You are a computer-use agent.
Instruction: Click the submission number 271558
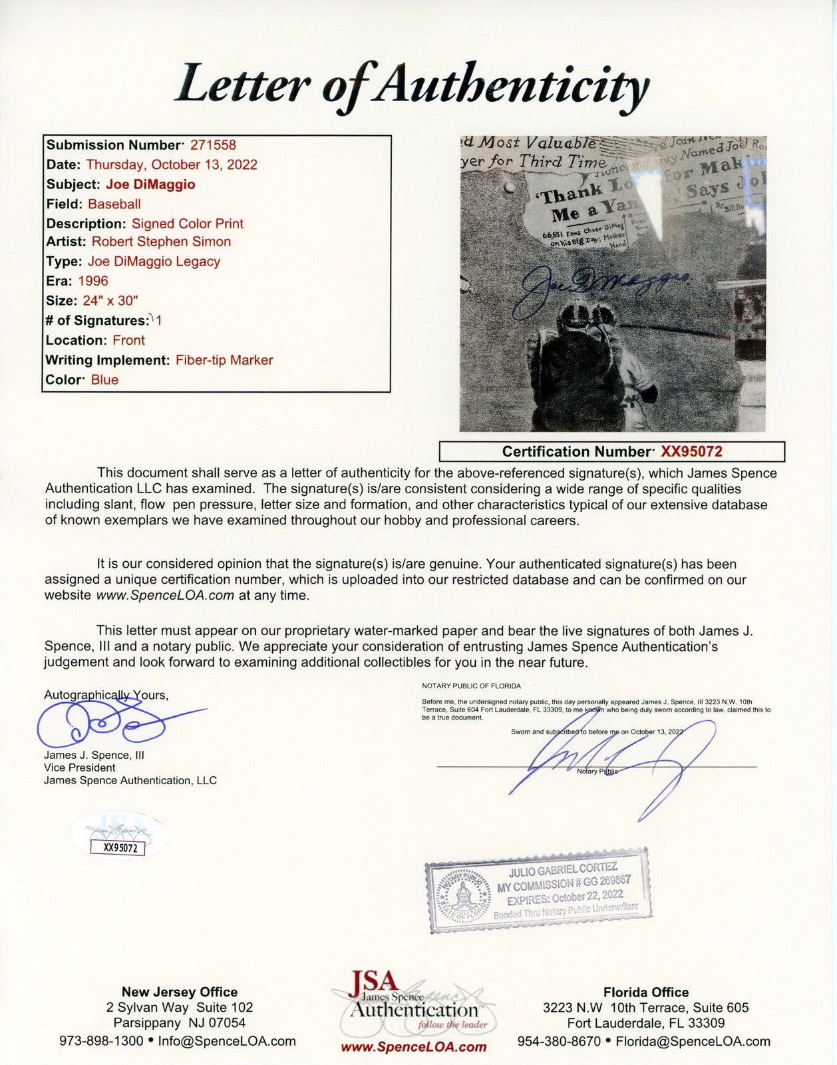(213, 145)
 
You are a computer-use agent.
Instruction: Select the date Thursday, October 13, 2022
(172, 164)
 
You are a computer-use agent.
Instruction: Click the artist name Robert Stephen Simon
(161, 242)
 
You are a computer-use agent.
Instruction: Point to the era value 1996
(92, 281)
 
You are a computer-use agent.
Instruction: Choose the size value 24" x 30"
(110, 300)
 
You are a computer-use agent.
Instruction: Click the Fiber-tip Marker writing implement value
(224, 360)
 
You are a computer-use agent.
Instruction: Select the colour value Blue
(104, 380)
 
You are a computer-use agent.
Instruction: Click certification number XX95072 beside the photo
(691, 452)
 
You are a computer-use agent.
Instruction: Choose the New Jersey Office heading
(179, 992)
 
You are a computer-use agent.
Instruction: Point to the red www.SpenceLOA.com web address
(413, 1047)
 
